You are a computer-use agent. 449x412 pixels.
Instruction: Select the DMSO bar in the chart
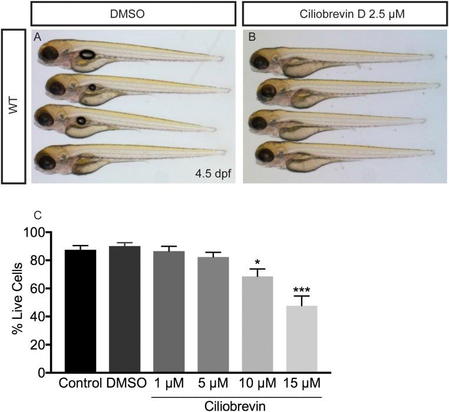coord(125,309)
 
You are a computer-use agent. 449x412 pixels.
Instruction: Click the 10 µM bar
coord(257,325)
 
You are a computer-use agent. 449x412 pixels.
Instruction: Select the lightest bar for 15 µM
coord(302,339)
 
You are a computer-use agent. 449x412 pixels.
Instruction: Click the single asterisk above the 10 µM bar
coord(257,260)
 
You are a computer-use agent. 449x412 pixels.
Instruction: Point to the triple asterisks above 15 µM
coord(302,289)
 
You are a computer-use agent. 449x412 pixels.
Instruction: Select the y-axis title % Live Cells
coord(17,303)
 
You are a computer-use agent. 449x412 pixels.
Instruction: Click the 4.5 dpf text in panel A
coord(212,174)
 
